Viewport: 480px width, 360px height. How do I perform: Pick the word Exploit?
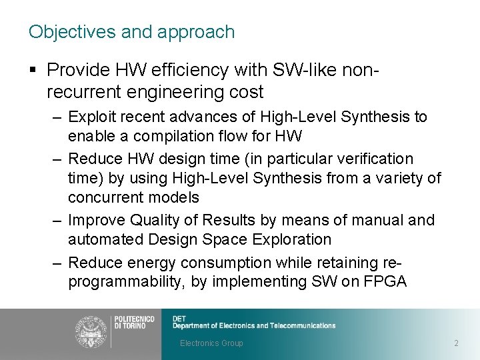click(x=91, y=117)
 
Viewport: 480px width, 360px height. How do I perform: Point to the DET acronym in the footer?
click(x=179, y=318)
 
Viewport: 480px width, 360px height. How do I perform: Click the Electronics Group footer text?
click(x=211, y=343)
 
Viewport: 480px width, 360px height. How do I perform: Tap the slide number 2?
click(x=456, y=343)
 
